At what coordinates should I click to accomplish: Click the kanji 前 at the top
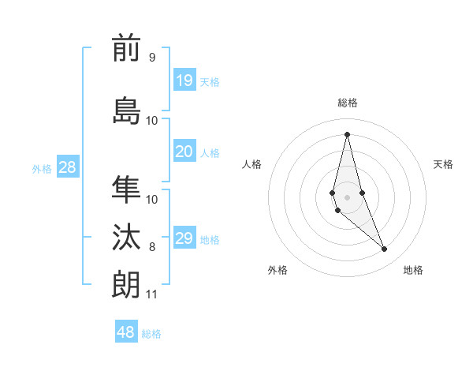[x=126, y=49]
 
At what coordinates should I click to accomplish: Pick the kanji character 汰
[x=126, y=237]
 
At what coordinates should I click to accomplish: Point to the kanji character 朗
[x=126, y=283]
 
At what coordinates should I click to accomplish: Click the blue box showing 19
[x=184, y=81]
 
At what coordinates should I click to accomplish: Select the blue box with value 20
[x=184, y=152]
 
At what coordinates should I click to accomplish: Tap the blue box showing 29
[x=184, y=239]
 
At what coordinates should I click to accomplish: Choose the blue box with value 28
[x=67, y=167]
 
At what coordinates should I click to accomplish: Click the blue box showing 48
[x=126, y=332]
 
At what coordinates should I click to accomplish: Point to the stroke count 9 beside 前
[x=151, y=58]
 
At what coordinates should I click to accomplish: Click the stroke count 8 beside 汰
[x=152, y=247]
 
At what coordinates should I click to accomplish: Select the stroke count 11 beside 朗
[x=151, y=294]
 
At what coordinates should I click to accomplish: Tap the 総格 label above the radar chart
[x=347, y=103]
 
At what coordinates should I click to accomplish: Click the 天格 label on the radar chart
[x=443, y=164]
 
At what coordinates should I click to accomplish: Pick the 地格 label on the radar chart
[x=413, y=270]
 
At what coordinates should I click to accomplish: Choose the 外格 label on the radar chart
[x=277, y=270]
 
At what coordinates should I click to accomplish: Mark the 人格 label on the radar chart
[x=251, y=164]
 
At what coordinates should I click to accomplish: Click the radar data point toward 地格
[x=385, y=249]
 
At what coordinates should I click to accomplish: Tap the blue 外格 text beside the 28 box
[x=42, y=168]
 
